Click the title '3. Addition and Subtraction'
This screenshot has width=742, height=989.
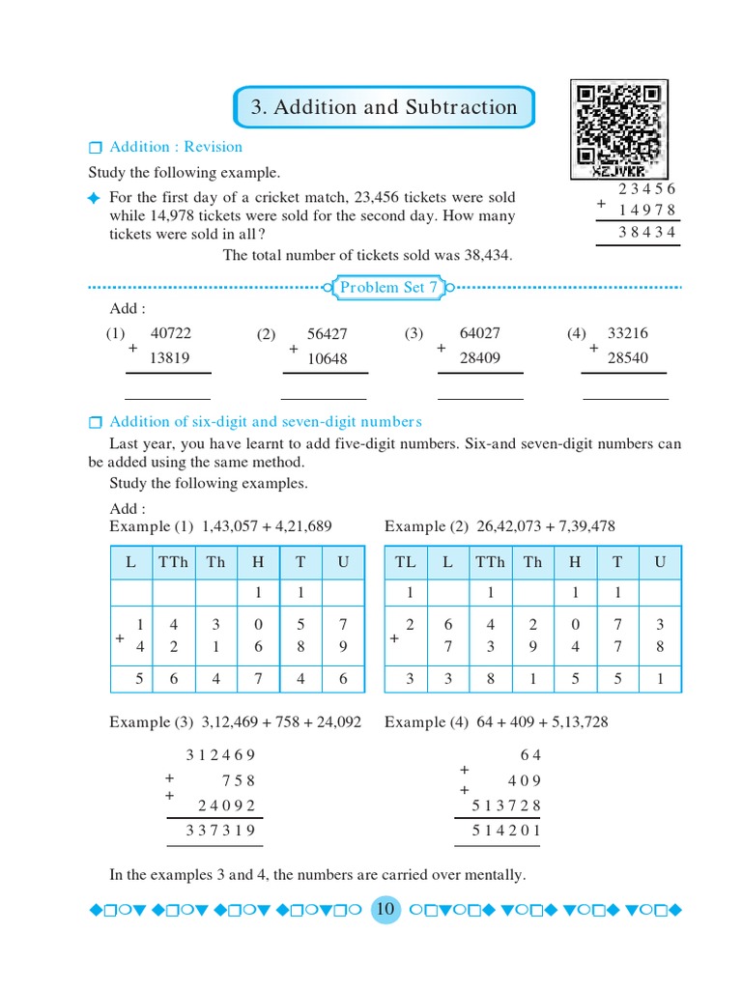[x=384, y=107]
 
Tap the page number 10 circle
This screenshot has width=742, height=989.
[x=385, y=909]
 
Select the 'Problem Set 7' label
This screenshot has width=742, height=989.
[x=388, y=287]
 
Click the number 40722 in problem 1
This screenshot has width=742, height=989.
[x=172, y=333]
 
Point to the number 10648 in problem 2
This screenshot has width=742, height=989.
[x=327, y=358]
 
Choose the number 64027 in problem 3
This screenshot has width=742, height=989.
[x=480, y=333]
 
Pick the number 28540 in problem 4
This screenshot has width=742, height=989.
[x=627, y=358]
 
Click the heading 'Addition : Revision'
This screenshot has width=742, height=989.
[x=176, y=147]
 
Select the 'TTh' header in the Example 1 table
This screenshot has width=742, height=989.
[x=174, y=562]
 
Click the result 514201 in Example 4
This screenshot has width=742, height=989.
[x=506, y=831]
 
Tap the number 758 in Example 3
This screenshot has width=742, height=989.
[x=238, y=780]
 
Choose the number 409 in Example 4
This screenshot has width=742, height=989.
[x=525, y=780]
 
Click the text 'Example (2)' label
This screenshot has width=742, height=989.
[x=414, y=526]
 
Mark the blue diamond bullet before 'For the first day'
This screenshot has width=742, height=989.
[x=94, y=198]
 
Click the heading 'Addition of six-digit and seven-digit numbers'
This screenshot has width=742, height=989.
[x=266, y=422]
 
